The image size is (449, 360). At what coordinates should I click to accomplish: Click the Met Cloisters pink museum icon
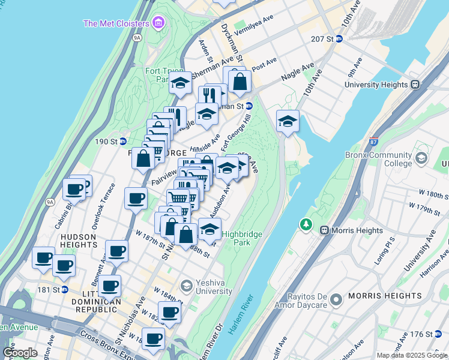coord(158,23)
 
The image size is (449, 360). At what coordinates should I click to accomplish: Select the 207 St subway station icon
coord(339,39)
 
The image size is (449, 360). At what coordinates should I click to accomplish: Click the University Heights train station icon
coord(415,85)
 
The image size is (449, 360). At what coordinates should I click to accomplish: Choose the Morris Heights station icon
coord(325,230)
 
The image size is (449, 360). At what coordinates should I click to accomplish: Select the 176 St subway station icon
coord(437,334)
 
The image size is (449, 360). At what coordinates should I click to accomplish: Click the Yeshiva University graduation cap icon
coord(186,284)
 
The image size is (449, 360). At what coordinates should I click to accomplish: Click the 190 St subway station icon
coord(122,141)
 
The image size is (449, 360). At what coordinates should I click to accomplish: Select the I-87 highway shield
coord(373,142)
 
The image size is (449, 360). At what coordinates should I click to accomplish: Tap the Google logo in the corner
coord(20,353)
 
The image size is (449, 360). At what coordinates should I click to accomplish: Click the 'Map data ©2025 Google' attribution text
coord(412,355)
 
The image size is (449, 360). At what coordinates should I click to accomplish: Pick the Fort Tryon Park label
coord(157,75)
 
